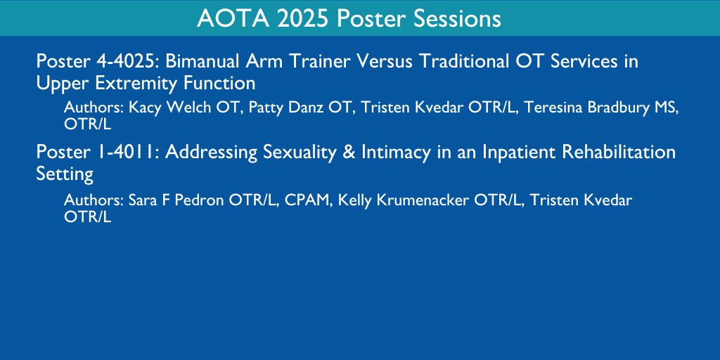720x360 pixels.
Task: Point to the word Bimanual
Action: (x=202, y=61)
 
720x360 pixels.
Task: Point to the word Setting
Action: (x=65, y=174)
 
